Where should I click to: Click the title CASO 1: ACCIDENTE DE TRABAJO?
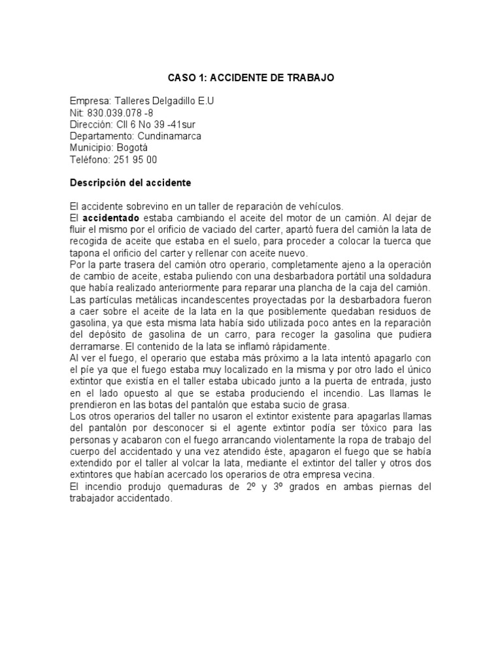click(x=251, y=78)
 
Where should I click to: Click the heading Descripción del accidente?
click(x=130, y=183)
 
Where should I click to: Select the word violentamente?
click(x=305, y=440)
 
